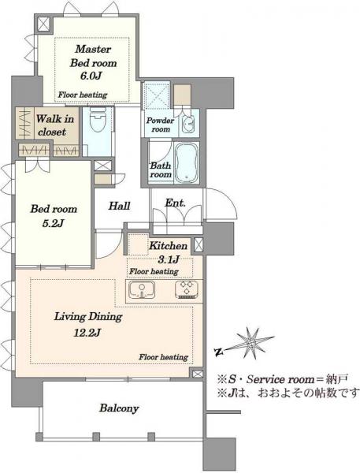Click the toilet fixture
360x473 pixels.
[x=98, y=121]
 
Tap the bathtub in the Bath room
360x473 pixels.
[x=187, y=163]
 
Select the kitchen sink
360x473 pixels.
[x=142, y=290]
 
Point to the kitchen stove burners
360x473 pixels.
[x=187, y=289]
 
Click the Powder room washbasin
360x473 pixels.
[x=189, y=124]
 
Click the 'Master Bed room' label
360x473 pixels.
[x=93, y=56]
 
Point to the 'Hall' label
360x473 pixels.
[x=120, y=206]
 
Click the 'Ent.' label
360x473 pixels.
[x=175, y=203]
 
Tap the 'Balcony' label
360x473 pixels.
[x=119, y=408]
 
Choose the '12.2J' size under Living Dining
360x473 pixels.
[x=87, y=333]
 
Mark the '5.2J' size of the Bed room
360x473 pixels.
[x=53, y=224]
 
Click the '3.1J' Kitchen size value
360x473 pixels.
[x=169, y=259]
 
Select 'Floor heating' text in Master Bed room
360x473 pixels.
[x=83, y=95]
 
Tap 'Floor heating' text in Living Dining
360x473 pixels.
[x=163, y=357]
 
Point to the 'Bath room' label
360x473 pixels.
[x=161, y=169]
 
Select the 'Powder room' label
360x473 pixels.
[x=161, y=125]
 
